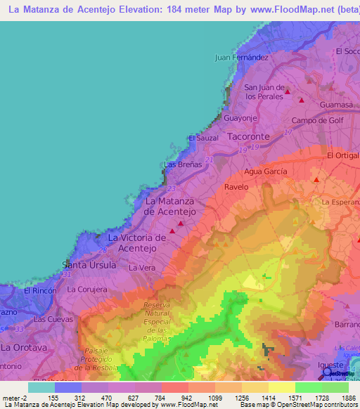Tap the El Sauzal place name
point(204,138)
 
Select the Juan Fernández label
point(242,57)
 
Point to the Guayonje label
point(241,117)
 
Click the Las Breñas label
point(179,164)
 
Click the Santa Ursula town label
point(89,265)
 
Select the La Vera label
point(141,268)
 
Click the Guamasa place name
point(335,104)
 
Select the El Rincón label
point(39,290)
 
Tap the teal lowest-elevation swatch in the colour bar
point(41,387)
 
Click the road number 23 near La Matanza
point(172,188)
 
